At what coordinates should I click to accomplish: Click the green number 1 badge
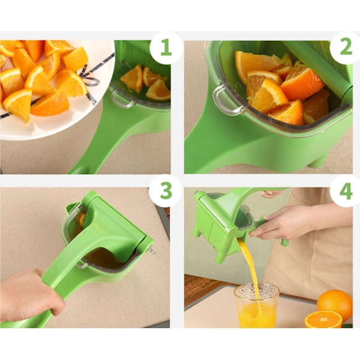coord(166,47)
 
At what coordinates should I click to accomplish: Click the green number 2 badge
coord(346,47)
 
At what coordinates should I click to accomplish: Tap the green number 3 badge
coord(166,191)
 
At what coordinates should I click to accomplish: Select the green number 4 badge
coord(346,191)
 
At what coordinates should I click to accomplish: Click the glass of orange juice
coord(256,305)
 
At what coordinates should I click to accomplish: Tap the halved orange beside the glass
coord(323,319)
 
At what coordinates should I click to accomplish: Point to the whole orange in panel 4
coord(335,303)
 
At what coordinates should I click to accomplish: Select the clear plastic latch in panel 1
coord(122,100)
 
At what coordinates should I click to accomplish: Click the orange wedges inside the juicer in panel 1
coord(146,83)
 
